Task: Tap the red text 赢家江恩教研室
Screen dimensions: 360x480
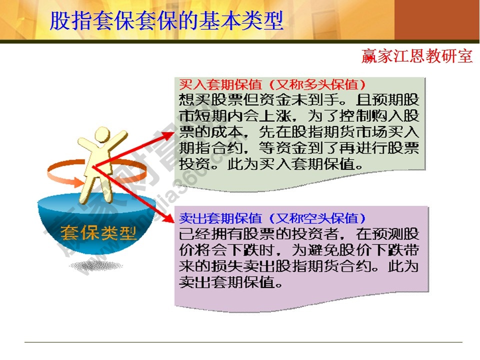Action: tap(417, 56)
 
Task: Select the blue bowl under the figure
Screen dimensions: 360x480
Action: tap(87, 220)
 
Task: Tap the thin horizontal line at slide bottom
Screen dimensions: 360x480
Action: tap(240, 342)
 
